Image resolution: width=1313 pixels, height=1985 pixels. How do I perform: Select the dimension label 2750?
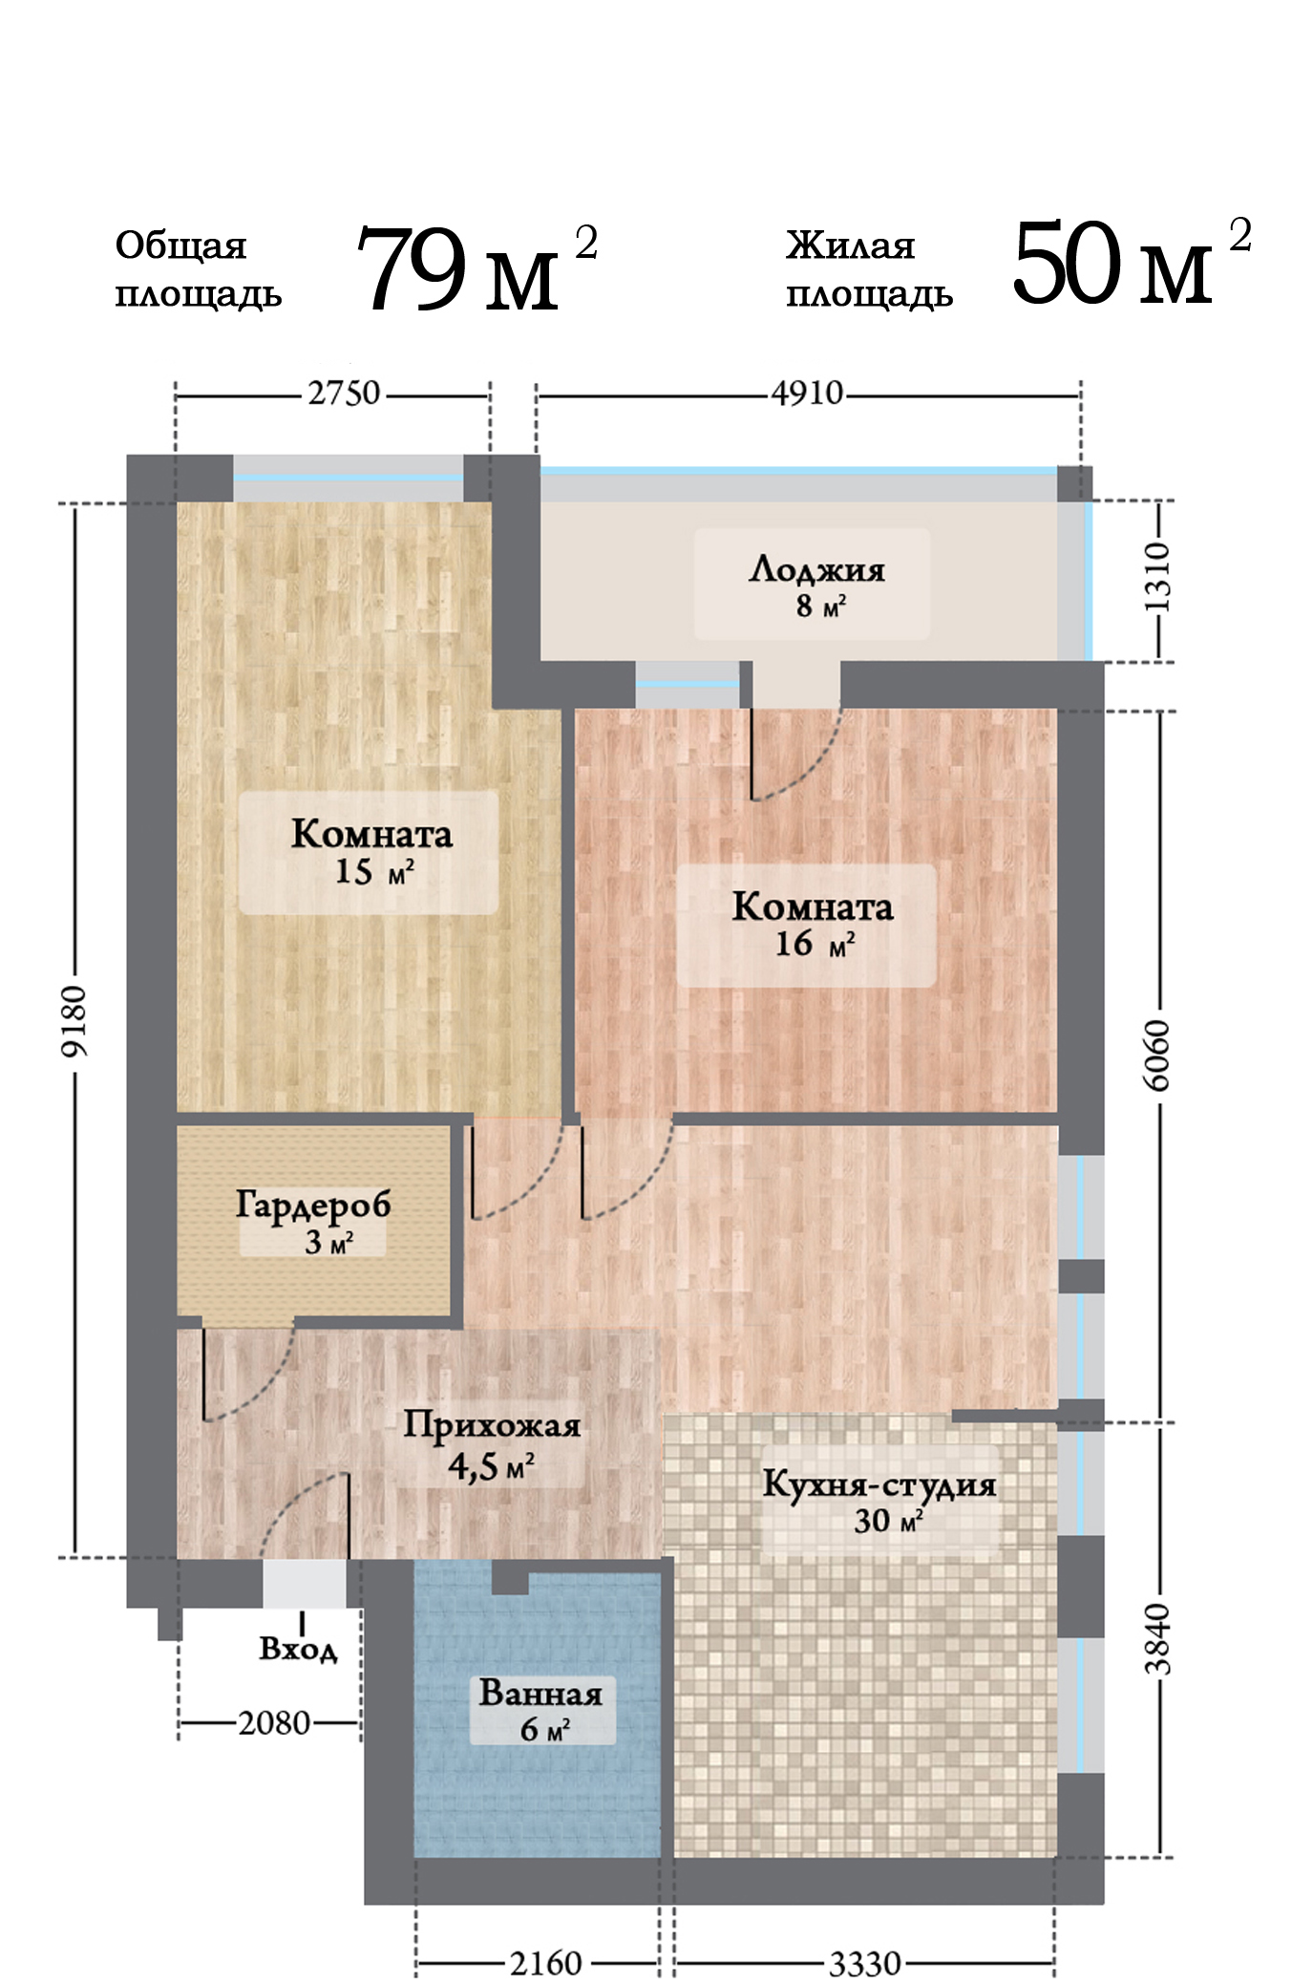click(344, 394)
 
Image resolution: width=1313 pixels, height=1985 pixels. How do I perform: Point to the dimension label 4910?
click(808, 394)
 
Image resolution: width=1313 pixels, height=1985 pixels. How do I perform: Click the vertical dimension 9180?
click(74, 1021)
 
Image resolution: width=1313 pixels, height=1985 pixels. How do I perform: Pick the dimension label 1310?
click(1157, 578)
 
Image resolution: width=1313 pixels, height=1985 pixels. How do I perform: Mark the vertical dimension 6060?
click(1157, 1055)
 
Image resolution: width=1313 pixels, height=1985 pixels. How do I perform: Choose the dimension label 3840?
click(1157, 1639)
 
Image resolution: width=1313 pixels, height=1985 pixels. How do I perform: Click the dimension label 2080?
click(274, 1723)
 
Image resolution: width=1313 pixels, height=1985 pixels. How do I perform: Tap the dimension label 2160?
click(545, 1964)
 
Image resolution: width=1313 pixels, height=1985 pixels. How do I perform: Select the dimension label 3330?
click(864, 1964)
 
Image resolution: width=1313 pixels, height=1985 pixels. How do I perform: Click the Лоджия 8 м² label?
click(817, 586)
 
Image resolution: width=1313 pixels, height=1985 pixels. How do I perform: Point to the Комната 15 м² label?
click(371, 851)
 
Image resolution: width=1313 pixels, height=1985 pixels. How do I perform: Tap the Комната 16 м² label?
click(813, 924)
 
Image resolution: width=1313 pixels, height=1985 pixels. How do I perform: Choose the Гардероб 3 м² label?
click(314, 1222)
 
